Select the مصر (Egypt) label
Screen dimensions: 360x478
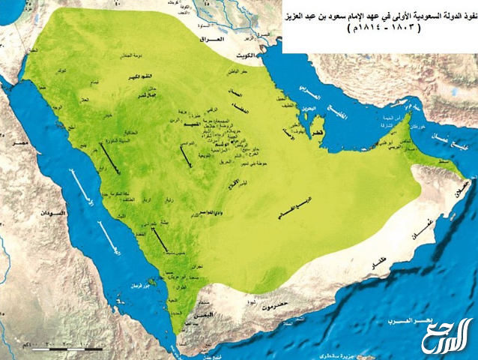pos(14,140)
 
